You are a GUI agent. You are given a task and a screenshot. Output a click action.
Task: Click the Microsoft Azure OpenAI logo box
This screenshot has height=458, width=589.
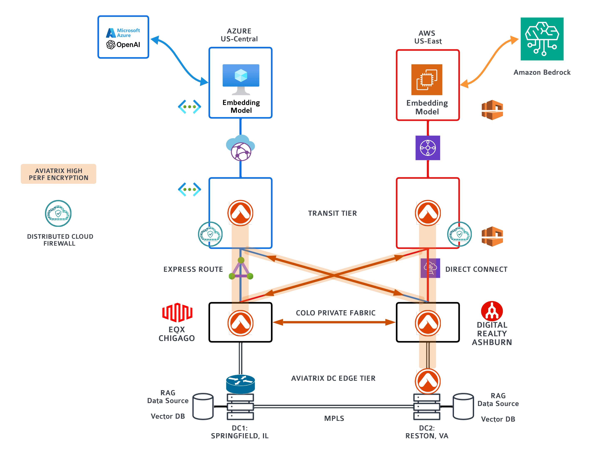(x=123, y=37)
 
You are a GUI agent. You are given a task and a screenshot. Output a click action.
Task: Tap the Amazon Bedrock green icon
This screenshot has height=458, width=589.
(x=542, y=39)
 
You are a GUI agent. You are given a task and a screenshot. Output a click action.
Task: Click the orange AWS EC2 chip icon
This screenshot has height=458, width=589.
(x=426, y=79)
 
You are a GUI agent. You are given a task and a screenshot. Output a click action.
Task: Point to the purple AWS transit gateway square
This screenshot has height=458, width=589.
(x=427, y=148)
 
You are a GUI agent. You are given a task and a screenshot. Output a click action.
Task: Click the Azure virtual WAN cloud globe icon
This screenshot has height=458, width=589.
(x=240, y=148)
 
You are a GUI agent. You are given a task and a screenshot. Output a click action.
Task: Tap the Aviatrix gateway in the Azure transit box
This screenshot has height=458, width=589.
(x=240, y=213)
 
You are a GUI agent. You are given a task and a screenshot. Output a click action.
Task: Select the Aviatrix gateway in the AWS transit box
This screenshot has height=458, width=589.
(x=427, y=213)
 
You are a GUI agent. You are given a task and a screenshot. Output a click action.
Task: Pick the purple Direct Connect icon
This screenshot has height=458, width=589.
(x=430, y=268)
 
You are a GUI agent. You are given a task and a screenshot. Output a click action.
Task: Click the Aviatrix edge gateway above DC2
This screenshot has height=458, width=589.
(x=427, y=381)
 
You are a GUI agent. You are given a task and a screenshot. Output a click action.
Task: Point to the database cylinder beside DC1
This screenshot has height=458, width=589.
(x=203, y=406)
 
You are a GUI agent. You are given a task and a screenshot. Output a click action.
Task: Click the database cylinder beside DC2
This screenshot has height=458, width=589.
(x=463, y=406)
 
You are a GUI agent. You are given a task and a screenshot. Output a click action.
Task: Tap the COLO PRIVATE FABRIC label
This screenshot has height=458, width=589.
(x=335, y=313)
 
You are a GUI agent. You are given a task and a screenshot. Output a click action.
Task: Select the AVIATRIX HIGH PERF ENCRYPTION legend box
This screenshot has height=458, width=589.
(x=59, y=174)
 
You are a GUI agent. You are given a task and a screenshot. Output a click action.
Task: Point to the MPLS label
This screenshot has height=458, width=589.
(x=334, y=418)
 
